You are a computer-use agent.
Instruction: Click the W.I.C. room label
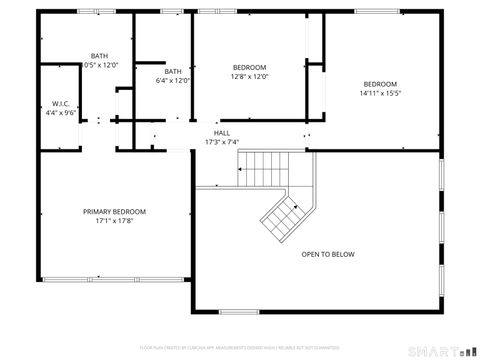(59, 104)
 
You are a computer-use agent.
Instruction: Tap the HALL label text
(221, 132)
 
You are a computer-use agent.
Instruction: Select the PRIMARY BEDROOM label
(114, 212)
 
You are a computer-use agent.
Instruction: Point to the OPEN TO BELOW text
(327, 254)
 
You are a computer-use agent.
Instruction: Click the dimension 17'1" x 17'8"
(114, 221)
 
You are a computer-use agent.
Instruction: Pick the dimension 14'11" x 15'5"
(379, 93)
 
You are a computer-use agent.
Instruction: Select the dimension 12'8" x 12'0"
(249, 76)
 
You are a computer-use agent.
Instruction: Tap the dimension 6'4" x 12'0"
(173, 81)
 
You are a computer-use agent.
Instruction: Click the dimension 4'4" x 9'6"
(59, 113)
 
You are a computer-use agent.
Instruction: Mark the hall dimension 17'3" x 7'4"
(221, 142)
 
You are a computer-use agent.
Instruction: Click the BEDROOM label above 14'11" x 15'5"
(379, 83)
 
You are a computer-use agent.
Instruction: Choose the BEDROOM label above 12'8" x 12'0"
(249, 67)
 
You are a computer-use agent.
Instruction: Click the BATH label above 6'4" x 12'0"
(173, 71)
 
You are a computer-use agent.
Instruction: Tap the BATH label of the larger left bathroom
(99, 56)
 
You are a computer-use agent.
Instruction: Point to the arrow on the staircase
(243, 169)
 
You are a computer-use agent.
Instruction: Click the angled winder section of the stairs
(285, 212)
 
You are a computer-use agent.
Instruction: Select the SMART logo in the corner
(440, 351)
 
